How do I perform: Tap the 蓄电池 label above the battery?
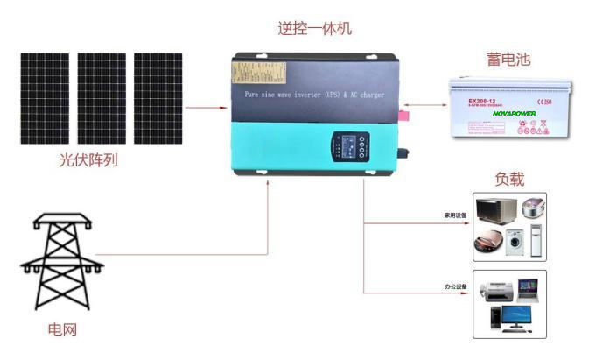pos(508,60)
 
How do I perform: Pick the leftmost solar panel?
pos(46,98)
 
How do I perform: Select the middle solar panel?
pos(102,98)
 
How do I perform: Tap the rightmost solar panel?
pos(158,98)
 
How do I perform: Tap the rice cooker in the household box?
pos(532,210)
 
